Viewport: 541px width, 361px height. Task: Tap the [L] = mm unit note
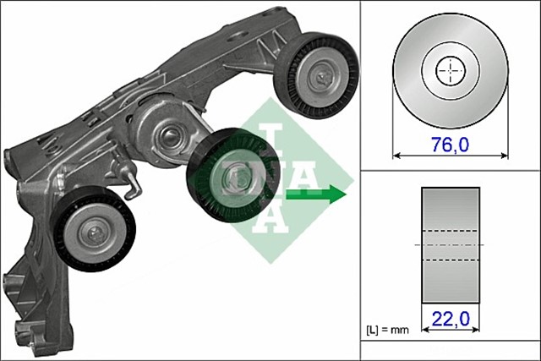click(385, 326)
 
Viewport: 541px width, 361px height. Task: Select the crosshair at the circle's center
click(451, 71)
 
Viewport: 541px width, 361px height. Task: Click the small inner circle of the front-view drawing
click(451, 71)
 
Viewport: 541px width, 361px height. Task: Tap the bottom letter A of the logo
click(269, 216)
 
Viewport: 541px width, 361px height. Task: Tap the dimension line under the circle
click(451, 156)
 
